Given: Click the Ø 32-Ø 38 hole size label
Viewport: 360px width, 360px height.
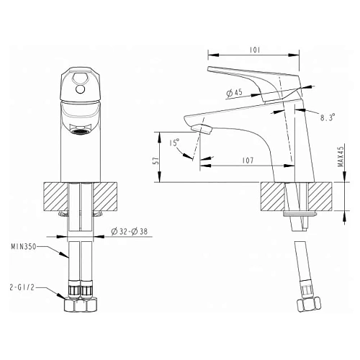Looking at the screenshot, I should [130, 233].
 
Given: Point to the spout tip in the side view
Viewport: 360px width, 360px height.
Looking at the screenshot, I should [203, 130].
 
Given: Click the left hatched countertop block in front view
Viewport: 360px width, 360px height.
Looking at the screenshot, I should [55, 195].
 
